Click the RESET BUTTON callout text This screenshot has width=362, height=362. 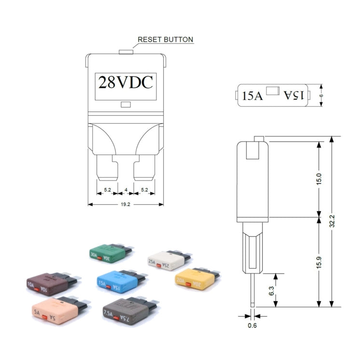point(165,40)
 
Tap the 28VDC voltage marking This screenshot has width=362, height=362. point(125,83)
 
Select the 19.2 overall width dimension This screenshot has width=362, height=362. point(125,204)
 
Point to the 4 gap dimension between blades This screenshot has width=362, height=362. point(125,190)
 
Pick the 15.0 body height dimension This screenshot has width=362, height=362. point(319,179)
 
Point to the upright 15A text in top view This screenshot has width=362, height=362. point(252,96)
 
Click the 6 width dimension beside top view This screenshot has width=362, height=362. point(321,96)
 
